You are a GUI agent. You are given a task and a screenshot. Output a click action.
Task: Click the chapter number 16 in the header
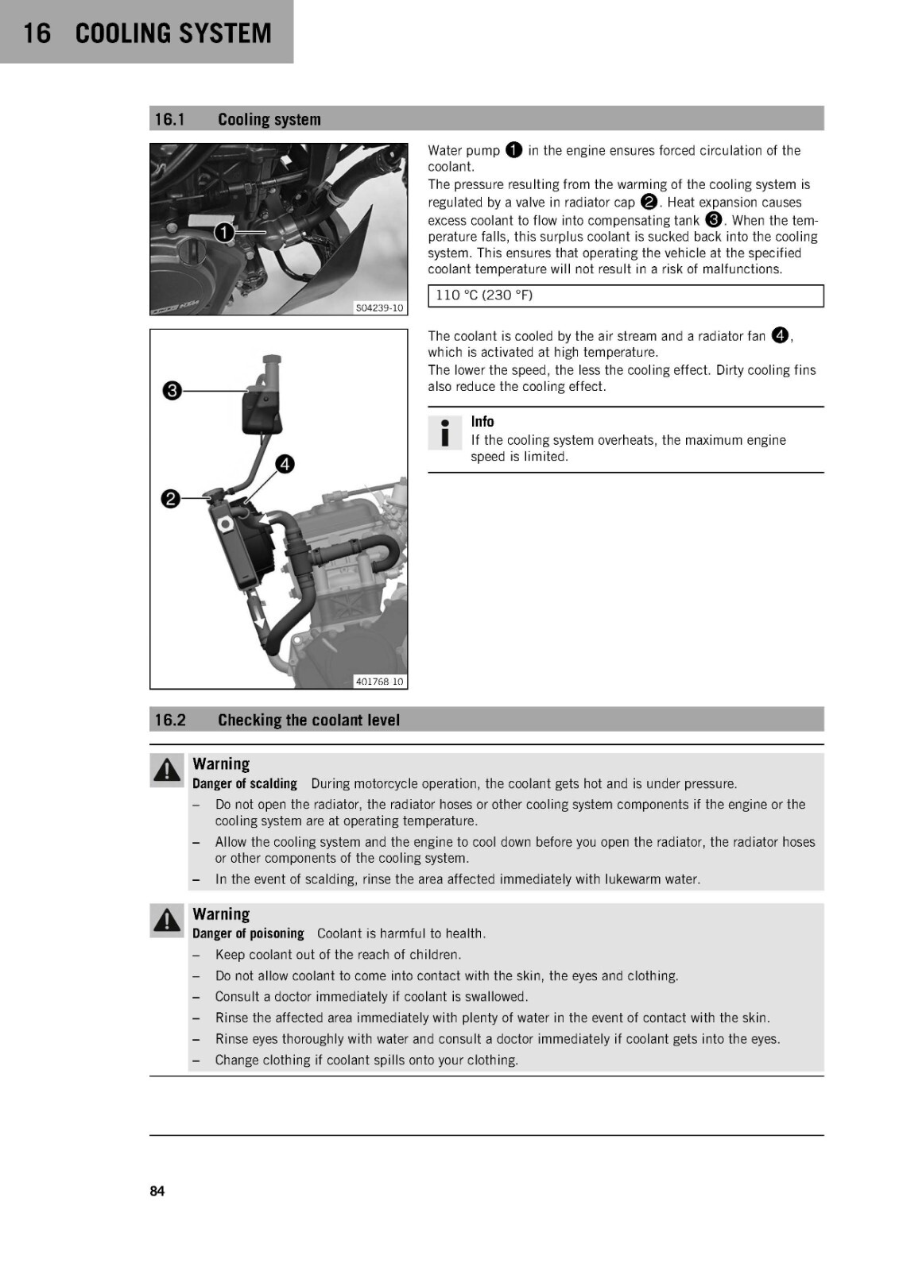coord(37,33)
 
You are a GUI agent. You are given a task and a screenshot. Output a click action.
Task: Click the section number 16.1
coord(170,119)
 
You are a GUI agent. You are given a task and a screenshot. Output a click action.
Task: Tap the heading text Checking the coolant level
coord(308,720)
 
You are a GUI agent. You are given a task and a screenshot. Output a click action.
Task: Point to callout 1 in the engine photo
coord(224,233)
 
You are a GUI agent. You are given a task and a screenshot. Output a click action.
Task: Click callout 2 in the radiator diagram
coord(170,499)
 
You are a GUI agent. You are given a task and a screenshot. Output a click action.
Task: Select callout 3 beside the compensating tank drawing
coord(172,391)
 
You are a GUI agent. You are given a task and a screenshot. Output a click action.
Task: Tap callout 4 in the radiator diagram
coord(285,464)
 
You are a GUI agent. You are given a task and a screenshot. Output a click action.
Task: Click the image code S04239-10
coord(379,308)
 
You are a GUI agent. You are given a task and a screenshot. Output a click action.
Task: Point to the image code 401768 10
coord(379,682)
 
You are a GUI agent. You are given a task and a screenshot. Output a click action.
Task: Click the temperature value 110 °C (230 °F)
coord(484,295)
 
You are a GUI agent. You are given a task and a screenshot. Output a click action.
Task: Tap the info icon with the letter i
coord(444,433)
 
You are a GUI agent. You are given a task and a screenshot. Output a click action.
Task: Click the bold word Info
coord(482,422)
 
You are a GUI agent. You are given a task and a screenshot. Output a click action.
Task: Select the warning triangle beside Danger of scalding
coord(167,771)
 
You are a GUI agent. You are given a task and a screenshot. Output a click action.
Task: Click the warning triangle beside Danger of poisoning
coord(167,921)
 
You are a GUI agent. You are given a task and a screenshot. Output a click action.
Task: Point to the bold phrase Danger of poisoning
coord(248,933)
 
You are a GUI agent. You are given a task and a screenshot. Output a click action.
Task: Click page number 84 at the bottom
coord(157,1191)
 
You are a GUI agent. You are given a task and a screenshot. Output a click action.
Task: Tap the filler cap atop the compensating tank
coord(272,361)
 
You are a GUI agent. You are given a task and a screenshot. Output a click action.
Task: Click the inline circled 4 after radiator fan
coord(781,336)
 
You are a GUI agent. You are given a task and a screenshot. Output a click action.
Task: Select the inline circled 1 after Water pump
coord(513,150)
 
